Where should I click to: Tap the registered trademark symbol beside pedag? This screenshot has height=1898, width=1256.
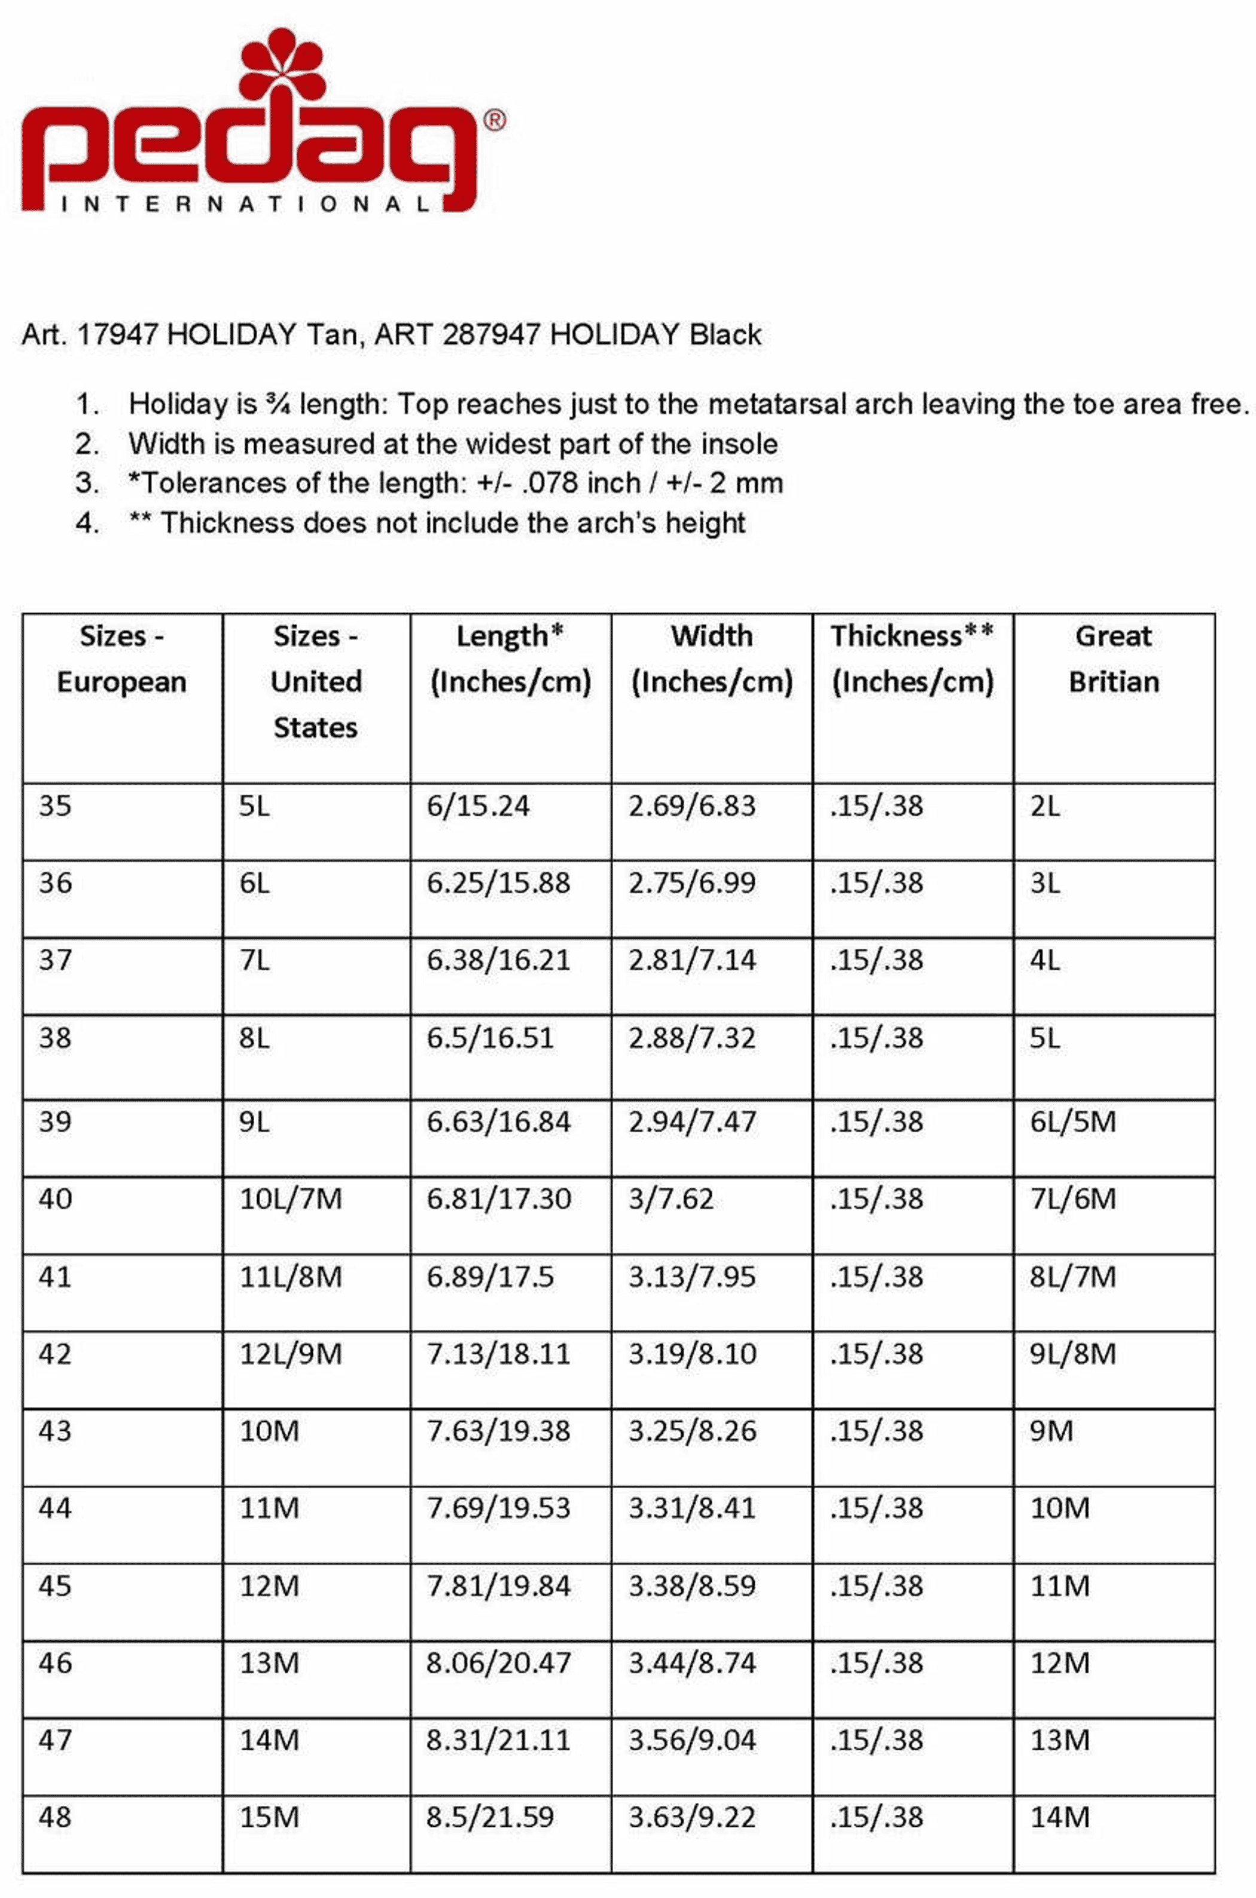(x=495, y=121)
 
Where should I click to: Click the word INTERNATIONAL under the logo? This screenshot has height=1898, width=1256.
(x=245, y=205)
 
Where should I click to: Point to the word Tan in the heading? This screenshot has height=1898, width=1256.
(x=328, y=334)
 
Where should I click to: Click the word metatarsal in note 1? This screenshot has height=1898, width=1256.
(x=776, y=404)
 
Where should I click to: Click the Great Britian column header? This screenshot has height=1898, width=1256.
(x=1114, y=659)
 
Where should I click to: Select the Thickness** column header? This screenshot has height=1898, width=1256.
(x=912, y=659)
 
